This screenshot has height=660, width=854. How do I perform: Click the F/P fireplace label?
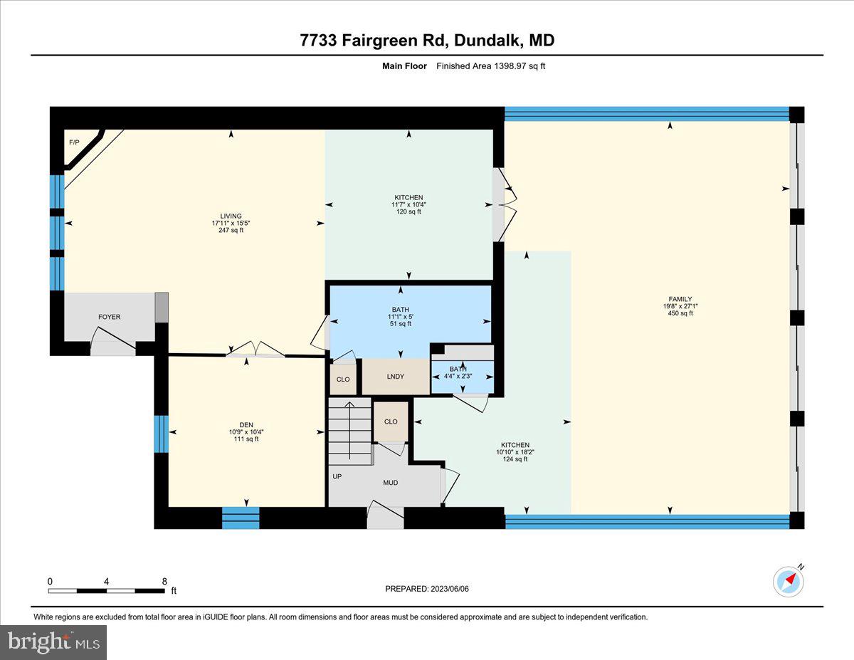point(73,142)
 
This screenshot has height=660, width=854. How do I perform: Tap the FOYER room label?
point(109,317)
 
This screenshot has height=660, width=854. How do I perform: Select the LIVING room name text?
point(231,216)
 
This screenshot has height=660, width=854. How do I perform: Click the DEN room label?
point(246,424)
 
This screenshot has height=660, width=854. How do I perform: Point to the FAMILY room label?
point(680,299)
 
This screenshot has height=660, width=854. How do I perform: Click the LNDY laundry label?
point(395,376)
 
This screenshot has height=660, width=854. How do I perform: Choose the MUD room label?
point(390,483)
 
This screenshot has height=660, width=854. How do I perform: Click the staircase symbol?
point(349,423)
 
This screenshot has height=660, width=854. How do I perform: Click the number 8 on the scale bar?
point(164,581)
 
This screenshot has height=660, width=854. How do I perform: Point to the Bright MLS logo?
point(53,642)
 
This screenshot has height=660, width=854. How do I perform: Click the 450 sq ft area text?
point(680,314)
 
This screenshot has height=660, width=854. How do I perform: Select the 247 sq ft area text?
point(231,231)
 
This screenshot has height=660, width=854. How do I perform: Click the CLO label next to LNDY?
point(343,379)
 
